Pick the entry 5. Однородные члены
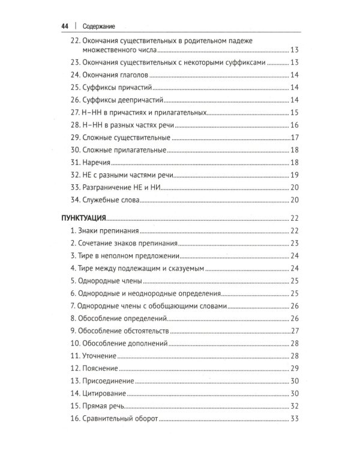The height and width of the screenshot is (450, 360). (106, 281)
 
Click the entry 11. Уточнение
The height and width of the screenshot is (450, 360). (94, 356)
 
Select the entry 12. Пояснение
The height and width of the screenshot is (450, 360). (94, 368)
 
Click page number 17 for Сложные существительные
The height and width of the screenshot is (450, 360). (294, 138)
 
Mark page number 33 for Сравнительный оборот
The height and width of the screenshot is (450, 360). (294, 419)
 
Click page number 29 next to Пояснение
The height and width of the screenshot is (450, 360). (294, 368)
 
